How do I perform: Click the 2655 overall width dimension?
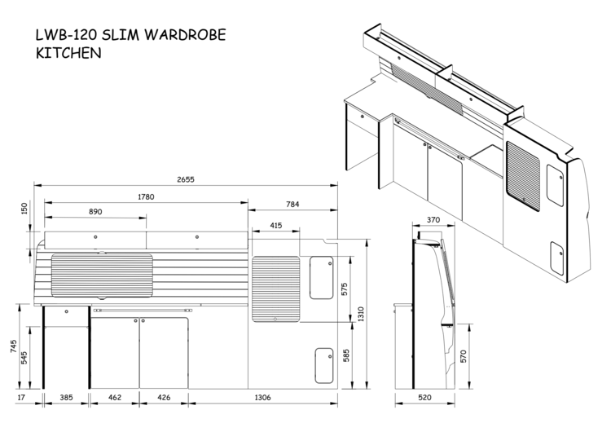[x=186, y=179]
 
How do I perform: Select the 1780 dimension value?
[x=147, y=196]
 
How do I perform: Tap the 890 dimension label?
[x=95, y=212]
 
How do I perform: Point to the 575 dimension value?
[x=345, y=289]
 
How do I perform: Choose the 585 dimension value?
[x=345, y=355]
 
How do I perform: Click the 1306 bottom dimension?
[x=262, y=398]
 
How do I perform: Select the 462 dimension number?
[x=114, y=398]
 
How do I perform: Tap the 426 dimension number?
[x=164, y=398]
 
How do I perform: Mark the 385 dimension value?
[x=66, y=398]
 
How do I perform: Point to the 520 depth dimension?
[x=424, y=398]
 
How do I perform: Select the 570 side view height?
[x=464, y=355]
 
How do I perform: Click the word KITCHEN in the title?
[x=68, y=55]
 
